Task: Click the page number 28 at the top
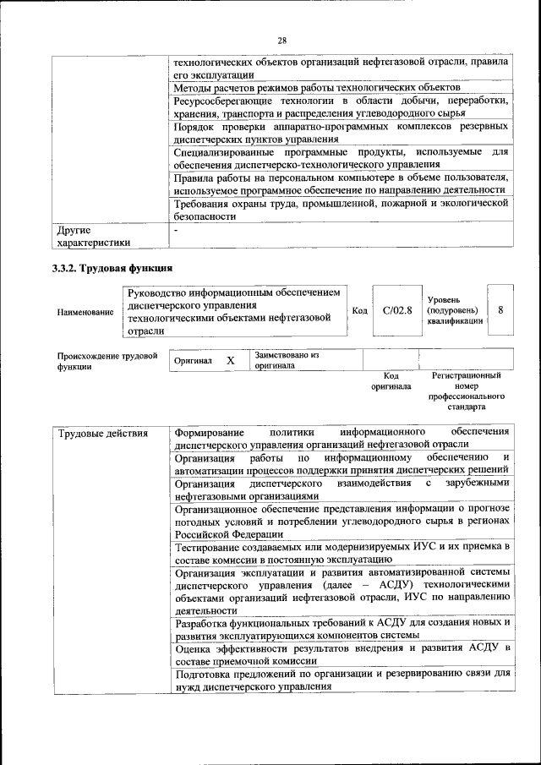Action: click(281, 39)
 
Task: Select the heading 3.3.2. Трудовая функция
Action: click(113, 269)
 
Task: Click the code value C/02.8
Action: click(396, 310)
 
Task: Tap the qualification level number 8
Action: click(500, 309)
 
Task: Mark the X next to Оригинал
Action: click(230, 360)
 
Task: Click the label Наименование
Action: click(85, 312)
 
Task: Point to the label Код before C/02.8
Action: click(359, 310)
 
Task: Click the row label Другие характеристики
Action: click(93, 236)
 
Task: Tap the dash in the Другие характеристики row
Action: click(176, 230)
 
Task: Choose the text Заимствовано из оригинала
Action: click(287, 361)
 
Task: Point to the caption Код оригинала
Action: click(391, 380)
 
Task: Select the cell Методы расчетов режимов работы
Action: click(316, 87)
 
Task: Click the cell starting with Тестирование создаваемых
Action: click(342, 553)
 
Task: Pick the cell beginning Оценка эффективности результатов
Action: click(342, 654)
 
